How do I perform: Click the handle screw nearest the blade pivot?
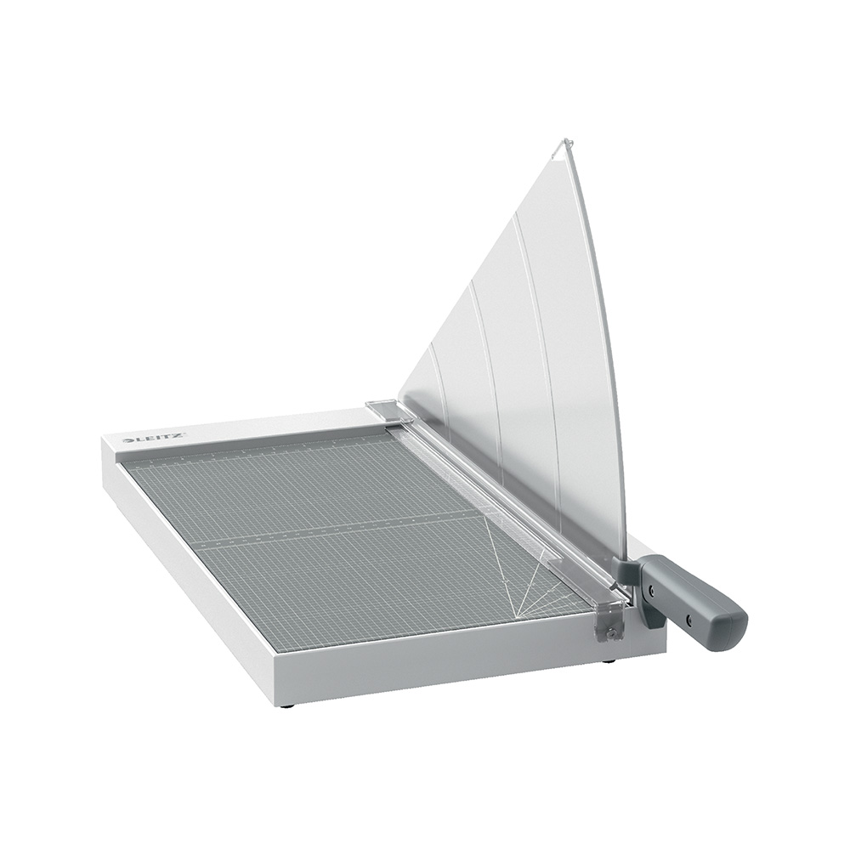tap(652, 587)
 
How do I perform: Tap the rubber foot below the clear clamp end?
tap(607, 661)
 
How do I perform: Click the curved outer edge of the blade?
tap(608, 340)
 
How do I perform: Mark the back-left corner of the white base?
tap(104, 437)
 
